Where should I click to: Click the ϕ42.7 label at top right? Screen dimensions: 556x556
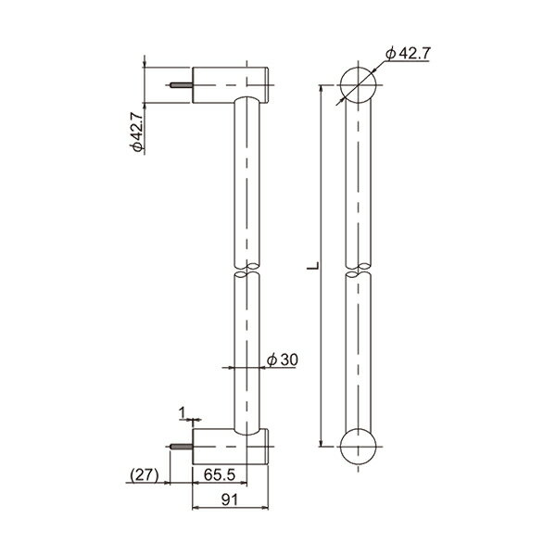pos(408,54)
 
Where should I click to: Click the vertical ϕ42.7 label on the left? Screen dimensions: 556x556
pos(137,132)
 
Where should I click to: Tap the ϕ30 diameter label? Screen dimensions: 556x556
pos(283,360)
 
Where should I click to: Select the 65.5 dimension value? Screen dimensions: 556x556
pos(220,474)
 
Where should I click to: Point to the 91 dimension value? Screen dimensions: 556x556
pos(230,500)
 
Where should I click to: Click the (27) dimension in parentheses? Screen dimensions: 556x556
pos(145,474)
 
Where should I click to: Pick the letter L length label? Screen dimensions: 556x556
pos(313,266)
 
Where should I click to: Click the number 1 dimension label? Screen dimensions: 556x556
pos(182,412)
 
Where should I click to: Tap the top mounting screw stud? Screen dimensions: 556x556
pos(182,85)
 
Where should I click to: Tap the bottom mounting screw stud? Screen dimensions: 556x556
pos(182,447)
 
